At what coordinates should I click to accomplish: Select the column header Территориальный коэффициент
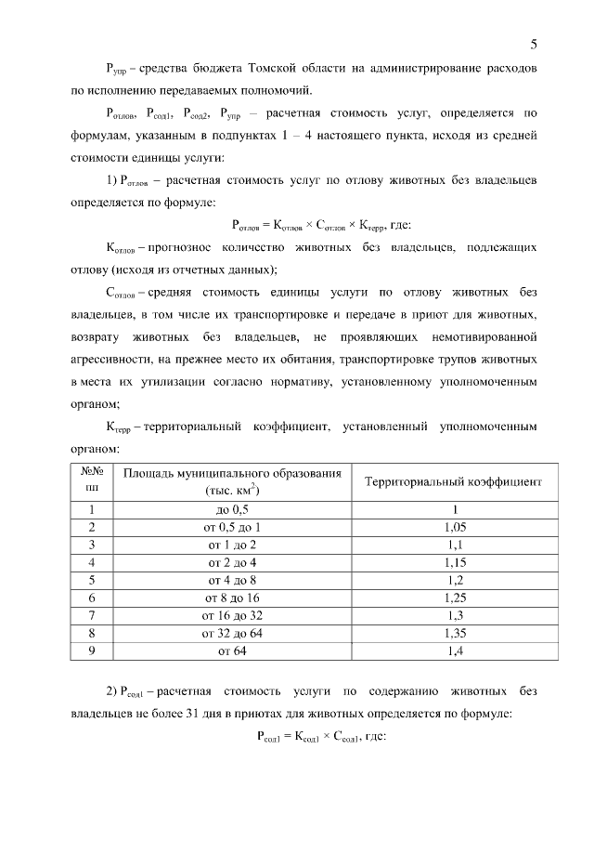tap(454, 482)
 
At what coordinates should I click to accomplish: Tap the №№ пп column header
tap(92, 481)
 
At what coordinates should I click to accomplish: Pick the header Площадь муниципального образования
tap(232, 475)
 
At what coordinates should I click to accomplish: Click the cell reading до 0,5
tap(232, 510)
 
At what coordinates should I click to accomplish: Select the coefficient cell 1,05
tap(454, 528)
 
